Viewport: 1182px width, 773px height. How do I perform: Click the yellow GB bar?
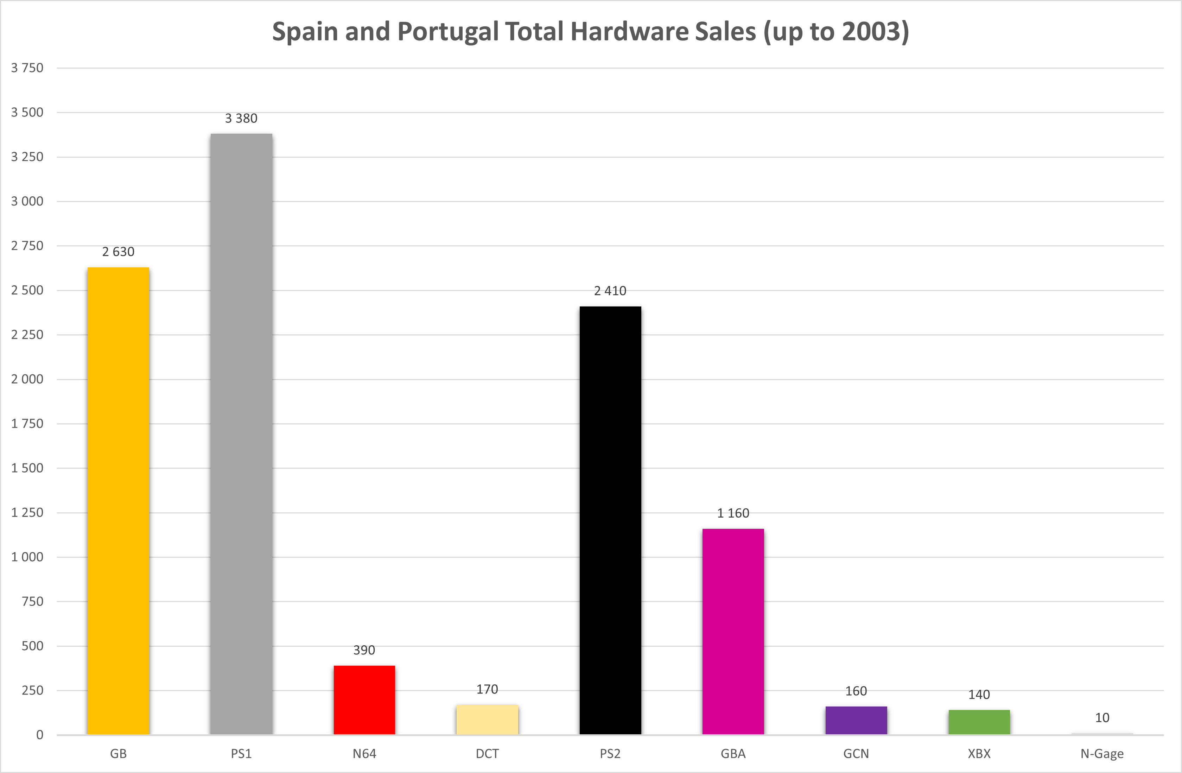point(118,501)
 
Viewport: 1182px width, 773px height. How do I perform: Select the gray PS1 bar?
point(241,434)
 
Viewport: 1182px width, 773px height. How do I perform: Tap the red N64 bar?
point(364,700)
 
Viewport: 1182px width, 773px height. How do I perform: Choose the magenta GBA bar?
point(733,632)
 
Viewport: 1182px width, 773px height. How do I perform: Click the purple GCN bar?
point(856,720)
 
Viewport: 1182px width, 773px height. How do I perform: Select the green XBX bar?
point(979,722)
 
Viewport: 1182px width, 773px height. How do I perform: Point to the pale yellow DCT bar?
point(487,720)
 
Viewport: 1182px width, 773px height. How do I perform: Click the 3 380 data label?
point(241,118)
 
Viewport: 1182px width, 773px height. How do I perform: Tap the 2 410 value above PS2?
point(610,291)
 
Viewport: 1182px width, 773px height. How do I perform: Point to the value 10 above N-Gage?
point(1102,717)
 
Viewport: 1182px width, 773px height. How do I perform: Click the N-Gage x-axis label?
point(1102,754)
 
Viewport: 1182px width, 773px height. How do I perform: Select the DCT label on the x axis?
point(487,754)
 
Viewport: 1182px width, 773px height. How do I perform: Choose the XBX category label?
point(979,754)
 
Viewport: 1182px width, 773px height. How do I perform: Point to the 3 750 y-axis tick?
point(27,68)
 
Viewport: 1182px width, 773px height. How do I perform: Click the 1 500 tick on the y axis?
point(27,468)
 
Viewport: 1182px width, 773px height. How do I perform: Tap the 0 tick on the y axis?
point(40,735)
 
